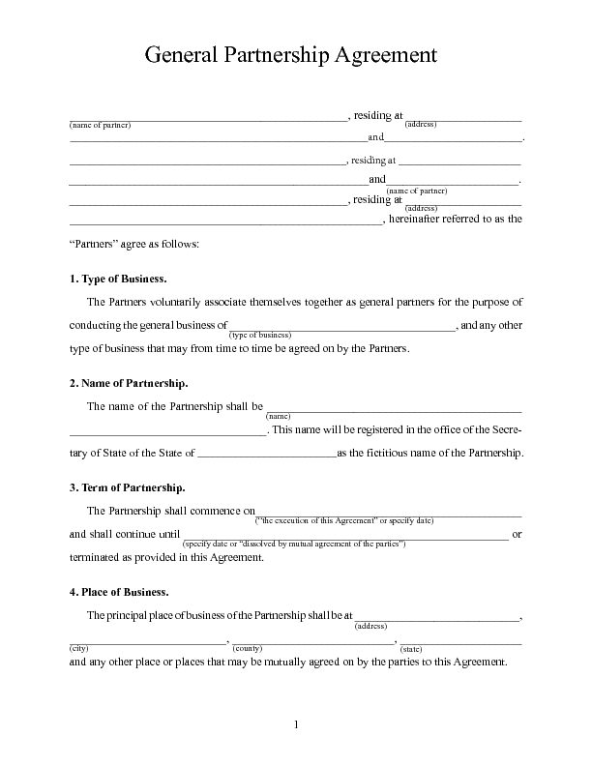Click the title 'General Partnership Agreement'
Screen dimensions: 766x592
click(291, 55)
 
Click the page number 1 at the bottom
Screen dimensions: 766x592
click(297, 724)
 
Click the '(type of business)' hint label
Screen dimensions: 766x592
click(260, 334)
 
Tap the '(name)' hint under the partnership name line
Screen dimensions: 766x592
click(279, 416)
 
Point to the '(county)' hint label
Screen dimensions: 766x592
click(248, 648)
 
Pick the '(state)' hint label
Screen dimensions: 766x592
click(410, 648)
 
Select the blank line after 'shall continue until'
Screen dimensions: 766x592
click(345, 537)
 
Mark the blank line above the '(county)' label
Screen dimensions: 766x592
click(312, 641)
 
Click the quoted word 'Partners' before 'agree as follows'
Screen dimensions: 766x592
click(94, 245)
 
